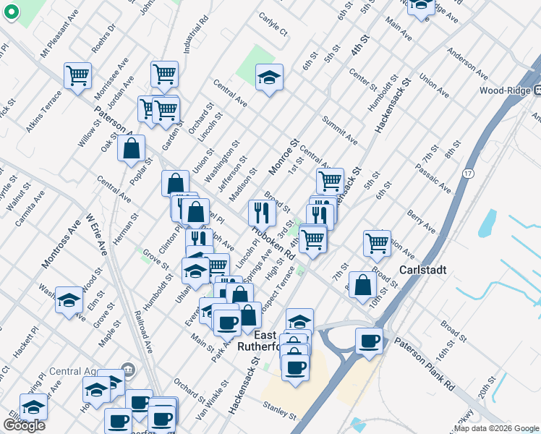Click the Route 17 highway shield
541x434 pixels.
(x=469, y=174)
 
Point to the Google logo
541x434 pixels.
(x=24, y=425)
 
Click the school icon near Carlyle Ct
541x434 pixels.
(x=269, y=77)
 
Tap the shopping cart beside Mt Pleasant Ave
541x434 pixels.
(x=77, y=75)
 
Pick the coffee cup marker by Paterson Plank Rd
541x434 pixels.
(x=370, y=341)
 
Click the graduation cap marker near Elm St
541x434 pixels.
(x=69, y=299)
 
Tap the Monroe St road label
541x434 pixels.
(x=284, y=158)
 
